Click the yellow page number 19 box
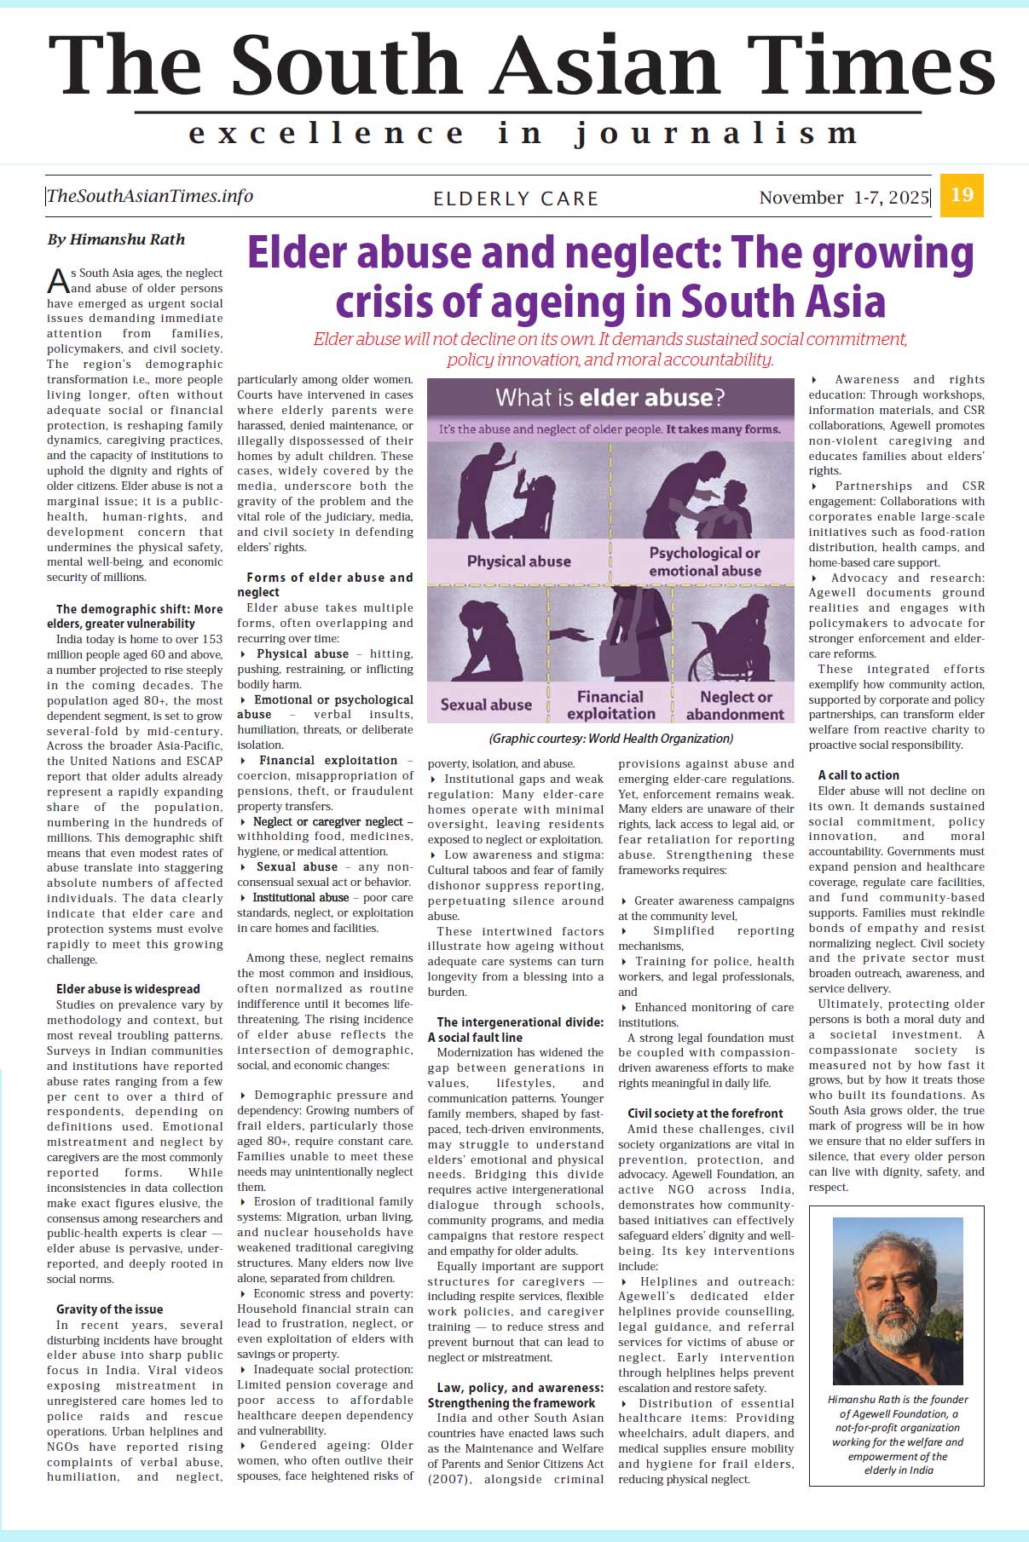pyautogui.click(x=962, y=195)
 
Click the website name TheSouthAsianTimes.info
pyautogui.click(x=150, y=196)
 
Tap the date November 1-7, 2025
pyautogui.click(x=843, y=198)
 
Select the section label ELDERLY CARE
pyautogui.click(x=516, y=199)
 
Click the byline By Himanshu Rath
pyautogui.click(x=116, y=239)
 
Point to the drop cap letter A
pyautogui.click(x=58, y=281)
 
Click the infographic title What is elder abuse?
pyautogui.click(x=610, y=398)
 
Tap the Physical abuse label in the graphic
pyautogui.click(x=518, y=561)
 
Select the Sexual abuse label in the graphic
pyautogui.click(x=486, y=705)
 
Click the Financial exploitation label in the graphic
pyautogui.click(x=610, y=705)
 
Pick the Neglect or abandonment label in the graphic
pyautogui.click(x=735, y=705)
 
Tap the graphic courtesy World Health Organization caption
pyautogui.click(x=610, y=739)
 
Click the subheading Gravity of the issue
pyautogui.click(x=109, y=1309)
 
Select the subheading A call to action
pyautogui.click(x=858, y=775)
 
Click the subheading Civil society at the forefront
pyautogui.click(x=705, y=1113)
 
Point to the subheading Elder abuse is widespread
pyautogui.click(x=128, y=989)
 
